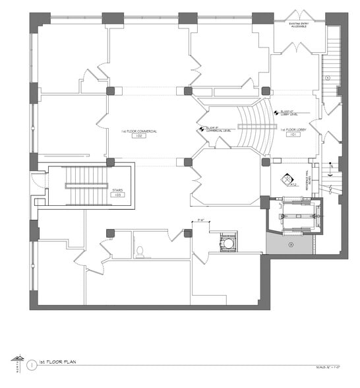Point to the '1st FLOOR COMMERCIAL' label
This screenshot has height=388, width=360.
138,131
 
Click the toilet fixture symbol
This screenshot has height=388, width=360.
140,250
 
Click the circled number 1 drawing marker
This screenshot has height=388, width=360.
32,364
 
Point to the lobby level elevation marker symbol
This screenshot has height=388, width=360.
275,112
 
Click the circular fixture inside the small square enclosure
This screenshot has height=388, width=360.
228,243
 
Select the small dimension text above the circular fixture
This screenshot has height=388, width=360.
198,222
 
